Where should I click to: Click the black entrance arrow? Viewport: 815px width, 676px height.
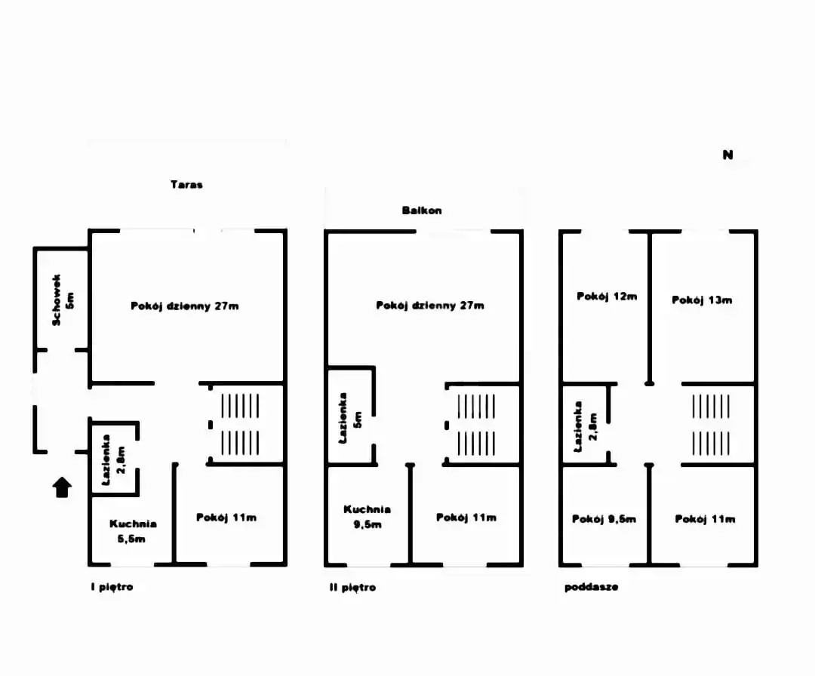(62, 488)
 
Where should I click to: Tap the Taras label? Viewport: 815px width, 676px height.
(186, 184)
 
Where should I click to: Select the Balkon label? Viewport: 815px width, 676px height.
(422, 210)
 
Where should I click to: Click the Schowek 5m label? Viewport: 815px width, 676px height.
(63, 300)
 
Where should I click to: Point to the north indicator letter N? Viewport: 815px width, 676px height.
(727, 155)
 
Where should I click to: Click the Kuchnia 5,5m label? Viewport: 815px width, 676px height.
(133, 531)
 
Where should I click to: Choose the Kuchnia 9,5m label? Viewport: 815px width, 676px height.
(367, 517)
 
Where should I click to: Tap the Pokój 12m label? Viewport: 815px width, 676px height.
(607, 297)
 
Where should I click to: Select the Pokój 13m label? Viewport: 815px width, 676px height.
(702, 300)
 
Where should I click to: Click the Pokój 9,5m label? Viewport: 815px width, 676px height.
(604, 519)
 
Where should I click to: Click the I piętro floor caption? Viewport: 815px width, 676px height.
(111, 587)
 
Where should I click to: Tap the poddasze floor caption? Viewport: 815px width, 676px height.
(591, 587)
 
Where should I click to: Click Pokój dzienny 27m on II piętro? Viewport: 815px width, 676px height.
(430, 306)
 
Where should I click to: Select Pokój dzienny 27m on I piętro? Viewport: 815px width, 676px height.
(185, 306)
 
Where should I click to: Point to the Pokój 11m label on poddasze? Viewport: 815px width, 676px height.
(705, 519)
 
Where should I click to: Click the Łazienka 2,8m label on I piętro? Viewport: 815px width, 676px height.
(113, 459)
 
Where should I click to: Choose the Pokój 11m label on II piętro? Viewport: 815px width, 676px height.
(466, 518)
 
